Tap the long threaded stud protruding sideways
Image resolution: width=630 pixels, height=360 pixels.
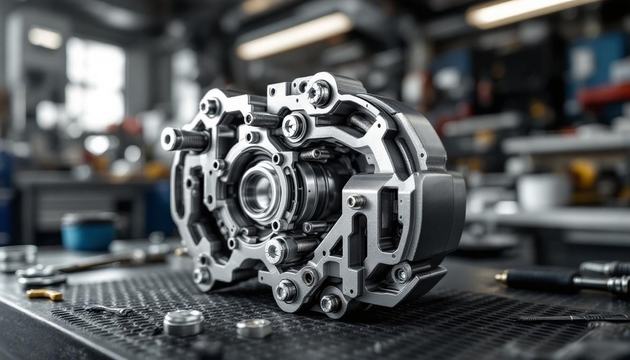[x=185, y=139]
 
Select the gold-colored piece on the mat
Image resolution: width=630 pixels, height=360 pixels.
[x=44, y=294]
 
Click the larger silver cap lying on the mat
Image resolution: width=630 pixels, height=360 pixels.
[x=183, y=322]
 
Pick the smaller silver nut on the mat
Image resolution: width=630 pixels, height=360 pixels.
[x=254, y=328]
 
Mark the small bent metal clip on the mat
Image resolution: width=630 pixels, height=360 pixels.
[x=109, y=310]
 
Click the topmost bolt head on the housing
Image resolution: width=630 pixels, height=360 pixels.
[x=319, y=92]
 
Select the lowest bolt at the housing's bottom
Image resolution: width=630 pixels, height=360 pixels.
[x=330, y=303]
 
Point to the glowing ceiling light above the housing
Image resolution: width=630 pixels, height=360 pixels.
[x=294, y=35]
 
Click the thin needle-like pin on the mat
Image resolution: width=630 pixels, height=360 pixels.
[x=572, y=318]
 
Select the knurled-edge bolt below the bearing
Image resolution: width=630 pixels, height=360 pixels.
[x=276, y=250]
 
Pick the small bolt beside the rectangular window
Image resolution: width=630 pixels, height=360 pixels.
[x=356, y=202]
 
